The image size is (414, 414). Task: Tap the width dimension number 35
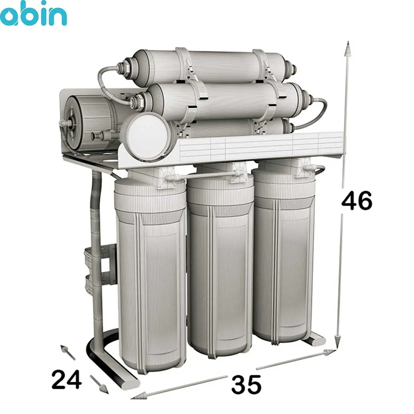click(x=246, y=384)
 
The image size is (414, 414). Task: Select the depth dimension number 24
click(x=67, y=379)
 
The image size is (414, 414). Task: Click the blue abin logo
click(x=33, y=13)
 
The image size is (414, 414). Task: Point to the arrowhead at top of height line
click(x=348, y=49)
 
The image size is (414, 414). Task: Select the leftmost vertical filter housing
click(x=151, y=272)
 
